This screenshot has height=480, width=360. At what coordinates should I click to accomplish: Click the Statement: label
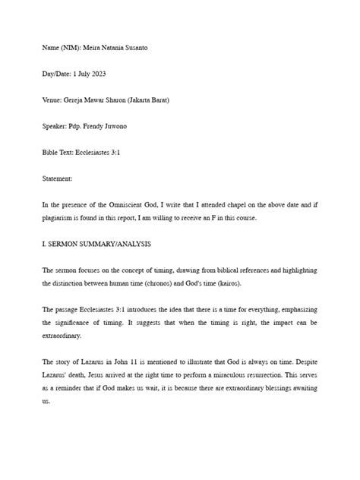(x=58, y=178)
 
